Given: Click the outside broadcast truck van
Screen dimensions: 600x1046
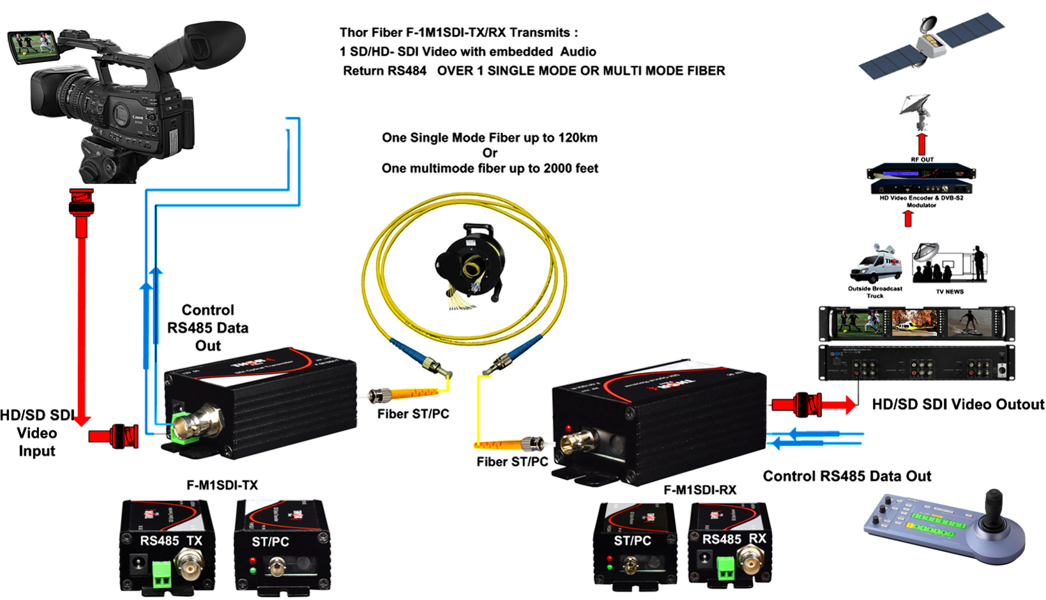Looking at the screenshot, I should [874, 265].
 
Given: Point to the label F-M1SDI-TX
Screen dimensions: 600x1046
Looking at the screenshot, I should [222, 486].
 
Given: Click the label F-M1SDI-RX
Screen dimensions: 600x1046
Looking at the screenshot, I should [700, 490].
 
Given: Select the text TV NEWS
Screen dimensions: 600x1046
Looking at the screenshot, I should [950, 292].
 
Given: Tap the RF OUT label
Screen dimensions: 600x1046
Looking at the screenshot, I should [922, 160].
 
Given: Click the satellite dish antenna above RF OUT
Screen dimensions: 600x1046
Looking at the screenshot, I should [916, 107].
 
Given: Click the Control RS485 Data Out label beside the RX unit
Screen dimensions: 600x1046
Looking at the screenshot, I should [847, 476].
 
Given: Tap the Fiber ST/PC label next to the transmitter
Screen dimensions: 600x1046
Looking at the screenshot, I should [413, 414].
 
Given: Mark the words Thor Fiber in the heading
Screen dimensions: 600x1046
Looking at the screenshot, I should [370, 33].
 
